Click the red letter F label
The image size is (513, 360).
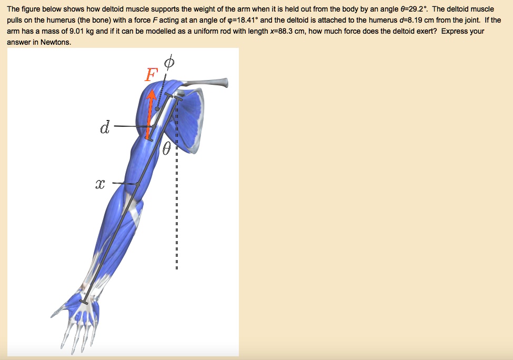coord(150,75)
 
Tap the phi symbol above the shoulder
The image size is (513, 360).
coord(168,63)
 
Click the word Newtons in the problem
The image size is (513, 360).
coord(53,43)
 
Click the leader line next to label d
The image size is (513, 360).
coord(129,127)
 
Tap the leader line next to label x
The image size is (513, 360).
coord(125,184)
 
